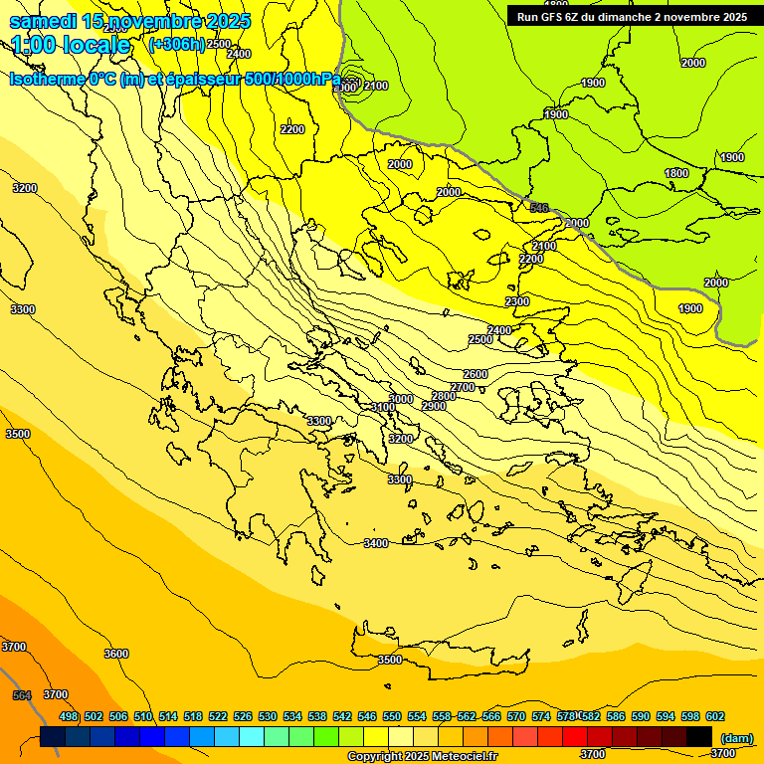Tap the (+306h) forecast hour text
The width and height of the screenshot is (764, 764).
click(176, 44)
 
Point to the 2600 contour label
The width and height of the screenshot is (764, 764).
click(476, 374)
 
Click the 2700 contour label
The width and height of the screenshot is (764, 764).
click(462, 387)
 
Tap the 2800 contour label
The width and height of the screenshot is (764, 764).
click(443, 396)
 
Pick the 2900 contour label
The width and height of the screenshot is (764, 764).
click(433, 406)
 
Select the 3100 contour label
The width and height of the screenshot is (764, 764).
click(382, 407)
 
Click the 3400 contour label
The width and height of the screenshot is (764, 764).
click(376, 543)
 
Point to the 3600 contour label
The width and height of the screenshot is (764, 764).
click(116, 654)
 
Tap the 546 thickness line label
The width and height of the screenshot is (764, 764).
click(539, 208)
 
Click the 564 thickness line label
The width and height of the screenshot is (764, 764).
click(22, 695)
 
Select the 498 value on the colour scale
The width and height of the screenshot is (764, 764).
click(69, 716)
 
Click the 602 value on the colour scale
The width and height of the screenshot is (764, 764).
click(715, 716)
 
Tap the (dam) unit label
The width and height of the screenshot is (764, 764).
click(736, 737)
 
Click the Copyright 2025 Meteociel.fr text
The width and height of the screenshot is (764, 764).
click(421, 757)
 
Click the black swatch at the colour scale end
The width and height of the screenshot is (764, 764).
click(699, 736)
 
